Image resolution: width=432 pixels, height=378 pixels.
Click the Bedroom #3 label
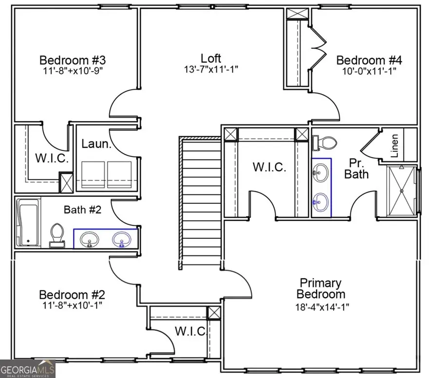pos(73,60)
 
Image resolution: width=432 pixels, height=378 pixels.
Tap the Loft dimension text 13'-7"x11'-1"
pos(211,70)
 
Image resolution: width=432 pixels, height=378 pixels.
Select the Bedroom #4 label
pos(369,60)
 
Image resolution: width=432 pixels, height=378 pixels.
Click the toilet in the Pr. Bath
pos(324,143)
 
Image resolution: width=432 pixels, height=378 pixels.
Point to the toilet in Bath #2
pos(57,235)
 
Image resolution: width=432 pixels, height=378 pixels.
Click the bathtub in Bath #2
pos(28,222)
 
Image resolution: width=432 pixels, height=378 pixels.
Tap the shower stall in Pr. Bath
pos(401,191)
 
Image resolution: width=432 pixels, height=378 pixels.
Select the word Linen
pos(394,145)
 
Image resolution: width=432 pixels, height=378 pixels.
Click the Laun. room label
pos(96,144)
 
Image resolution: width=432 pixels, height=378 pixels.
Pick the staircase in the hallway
pos(200,203)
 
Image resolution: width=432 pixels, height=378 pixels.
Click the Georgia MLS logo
pos(28,369)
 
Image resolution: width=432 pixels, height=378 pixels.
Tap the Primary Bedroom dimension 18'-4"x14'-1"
pos(322,307)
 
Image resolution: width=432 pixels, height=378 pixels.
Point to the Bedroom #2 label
pos(72,295)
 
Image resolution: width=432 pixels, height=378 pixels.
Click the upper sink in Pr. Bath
pos(320,173)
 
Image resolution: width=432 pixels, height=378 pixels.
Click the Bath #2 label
pos(82,210)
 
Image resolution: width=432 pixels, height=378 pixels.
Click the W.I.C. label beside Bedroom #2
pos(190,331)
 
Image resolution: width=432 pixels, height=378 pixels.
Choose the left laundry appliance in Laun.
pos(93,175)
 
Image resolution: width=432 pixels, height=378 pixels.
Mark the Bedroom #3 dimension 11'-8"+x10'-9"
pos(73,71)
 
